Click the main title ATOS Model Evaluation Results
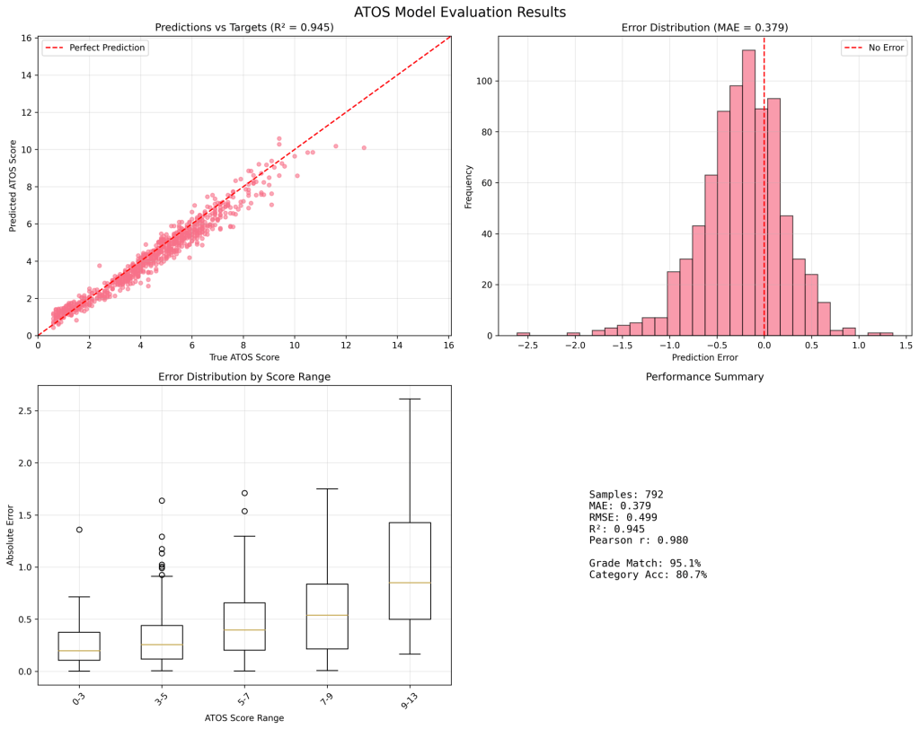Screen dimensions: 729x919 [459, 13]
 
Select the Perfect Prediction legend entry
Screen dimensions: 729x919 [107, 48]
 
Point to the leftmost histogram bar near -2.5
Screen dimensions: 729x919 [523, 333]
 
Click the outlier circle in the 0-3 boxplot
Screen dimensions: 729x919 [79, 530]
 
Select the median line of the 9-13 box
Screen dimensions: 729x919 [410, 583]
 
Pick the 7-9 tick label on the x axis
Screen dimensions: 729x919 [327, 698]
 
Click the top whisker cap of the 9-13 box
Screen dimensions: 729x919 [410, 399]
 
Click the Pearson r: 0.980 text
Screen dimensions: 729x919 [639, 540]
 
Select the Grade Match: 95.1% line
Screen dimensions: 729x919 [644, 563]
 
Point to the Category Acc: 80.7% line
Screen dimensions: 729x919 [648, 575]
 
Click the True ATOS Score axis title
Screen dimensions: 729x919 [243, 358]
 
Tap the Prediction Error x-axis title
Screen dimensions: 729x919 [704, 358]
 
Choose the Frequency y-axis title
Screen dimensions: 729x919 [468, 186]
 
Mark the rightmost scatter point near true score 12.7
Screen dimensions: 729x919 [364, 147]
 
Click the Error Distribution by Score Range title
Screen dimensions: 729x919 [243, 377]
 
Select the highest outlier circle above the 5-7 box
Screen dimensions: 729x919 [244, 493]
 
